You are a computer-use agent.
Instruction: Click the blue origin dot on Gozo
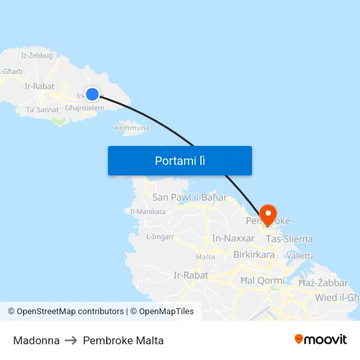[92, 94]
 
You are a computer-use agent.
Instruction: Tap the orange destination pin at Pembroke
[268, 213]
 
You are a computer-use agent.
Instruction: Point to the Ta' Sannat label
[42, 110]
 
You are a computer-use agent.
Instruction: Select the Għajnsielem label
[84, 108]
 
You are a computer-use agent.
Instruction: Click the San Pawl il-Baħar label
[189, 197]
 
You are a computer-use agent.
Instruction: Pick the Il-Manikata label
[147, 211]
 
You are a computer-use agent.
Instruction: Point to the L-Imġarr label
[160, 237]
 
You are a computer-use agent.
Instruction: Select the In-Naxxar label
[233, 238]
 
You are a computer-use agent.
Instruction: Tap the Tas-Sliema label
[289, 239]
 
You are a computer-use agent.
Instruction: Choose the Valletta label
[300, 255]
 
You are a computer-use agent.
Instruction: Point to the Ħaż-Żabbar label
[323, 283]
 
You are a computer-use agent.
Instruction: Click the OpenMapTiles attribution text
[162, 312]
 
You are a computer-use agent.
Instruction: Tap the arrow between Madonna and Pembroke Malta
[71, 340]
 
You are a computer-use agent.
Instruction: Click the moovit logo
[321, 339]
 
